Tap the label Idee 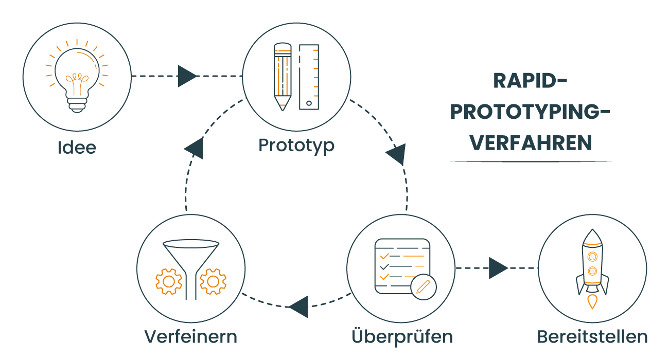[x=77, y=148]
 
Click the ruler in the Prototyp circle [x=309, y=77]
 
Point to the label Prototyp [x=296, y=146]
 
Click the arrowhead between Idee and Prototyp [x=187, y=76]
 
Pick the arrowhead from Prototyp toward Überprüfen [x=397, y=154]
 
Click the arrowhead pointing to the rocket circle [x=498, y=268]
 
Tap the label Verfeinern [x=191, y=337]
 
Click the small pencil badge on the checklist [x=424, y=286]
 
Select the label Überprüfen [x=402, y=337]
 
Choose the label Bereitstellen [x=592, y=337]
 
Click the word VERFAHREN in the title [x=531, y=143]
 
